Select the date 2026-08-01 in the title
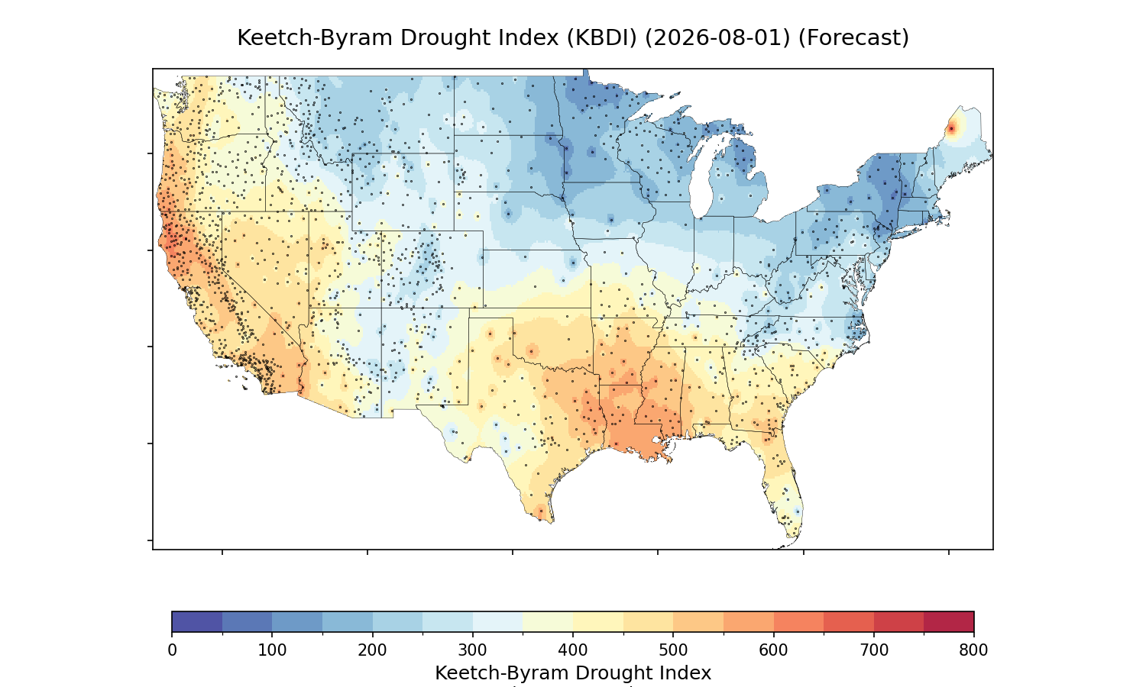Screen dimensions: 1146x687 [x=717, y=38]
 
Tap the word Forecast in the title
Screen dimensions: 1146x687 [x=853, y=38]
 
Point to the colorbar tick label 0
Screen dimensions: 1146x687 [x=173, y=650]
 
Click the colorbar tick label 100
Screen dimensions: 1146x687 [x=272, y=650]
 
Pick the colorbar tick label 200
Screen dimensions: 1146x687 [x=373, y=650]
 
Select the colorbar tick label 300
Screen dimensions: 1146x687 [x=473, y=650]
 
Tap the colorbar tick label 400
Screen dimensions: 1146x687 [x=573, y=650]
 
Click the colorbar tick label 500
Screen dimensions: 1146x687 [x=673, y=650]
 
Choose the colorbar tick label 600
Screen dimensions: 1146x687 [x=773, y=650]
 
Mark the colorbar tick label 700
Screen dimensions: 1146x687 [x=874, y=650]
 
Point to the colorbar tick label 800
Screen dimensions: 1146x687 [x=973, y=650]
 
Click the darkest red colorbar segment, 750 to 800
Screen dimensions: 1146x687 [x=949, y=621]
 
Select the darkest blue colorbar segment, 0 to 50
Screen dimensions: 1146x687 [x=197, y=621]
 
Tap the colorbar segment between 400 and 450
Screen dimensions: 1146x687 [x=598, y=621]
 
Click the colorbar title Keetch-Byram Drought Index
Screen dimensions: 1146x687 [x=573, y=673]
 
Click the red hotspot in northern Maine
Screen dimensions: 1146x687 [x=952, y=129]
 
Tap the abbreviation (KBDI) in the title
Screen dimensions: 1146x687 [x=602, y=38]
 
